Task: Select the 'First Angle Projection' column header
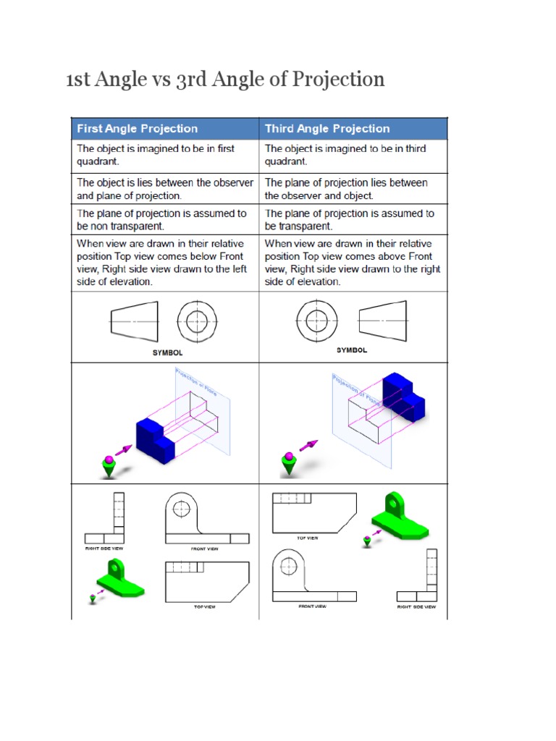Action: click(138, 129)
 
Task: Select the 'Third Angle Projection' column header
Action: click(327, 129)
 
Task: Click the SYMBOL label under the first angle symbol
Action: click(167, 352)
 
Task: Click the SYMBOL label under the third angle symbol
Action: click(352, 350)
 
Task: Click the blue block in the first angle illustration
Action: click(156, 439)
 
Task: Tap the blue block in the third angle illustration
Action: click(400, 399)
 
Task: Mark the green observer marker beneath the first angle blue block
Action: click(109, 467)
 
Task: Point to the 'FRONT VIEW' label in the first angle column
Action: click(205, 549)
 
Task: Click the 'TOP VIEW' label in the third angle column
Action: click(307, 538)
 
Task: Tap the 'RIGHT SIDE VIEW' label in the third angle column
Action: click(416, 607)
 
